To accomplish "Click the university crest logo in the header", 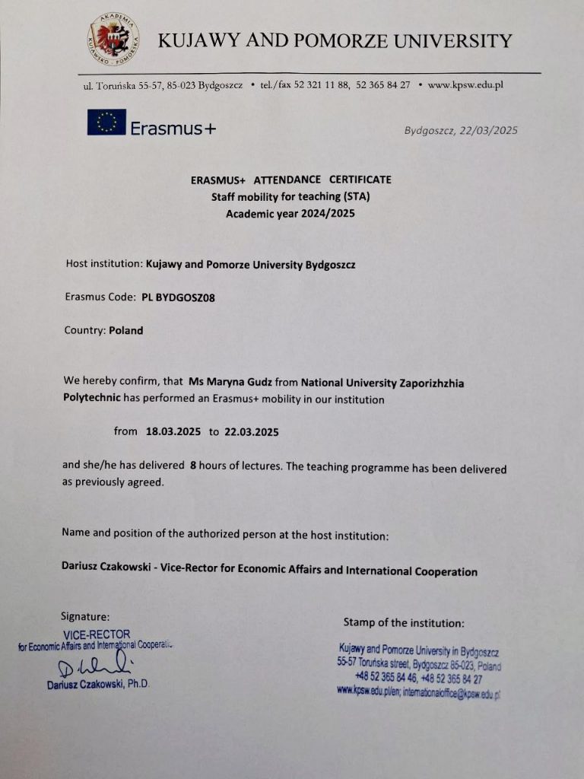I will [x=113, y=38].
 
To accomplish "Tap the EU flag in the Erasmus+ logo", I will [x=106, y=122].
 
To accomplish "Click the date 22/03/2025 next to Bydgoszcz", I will [x=487, y=130].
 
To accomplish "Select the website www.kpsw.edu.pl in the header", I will [x=465, y=85].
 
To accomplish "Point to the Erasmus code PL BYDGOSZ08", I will [x=178, y=298].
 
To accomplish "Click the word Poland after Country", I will [x=125, y=331].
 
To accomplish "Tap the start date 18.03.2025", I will [x=173, y=431].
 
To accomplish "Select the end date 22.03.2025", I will [x=252, y=431].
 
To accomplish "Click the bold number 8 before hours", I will [x=193, y=466].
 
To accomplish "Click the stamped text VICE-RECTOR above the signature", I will [x=97, y=634].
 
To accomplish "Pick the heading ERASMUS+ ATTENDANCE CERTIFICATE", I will [x=291, y=180].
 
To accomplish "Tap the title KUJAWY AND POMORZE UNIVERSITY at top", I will [x=335, y=40].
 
